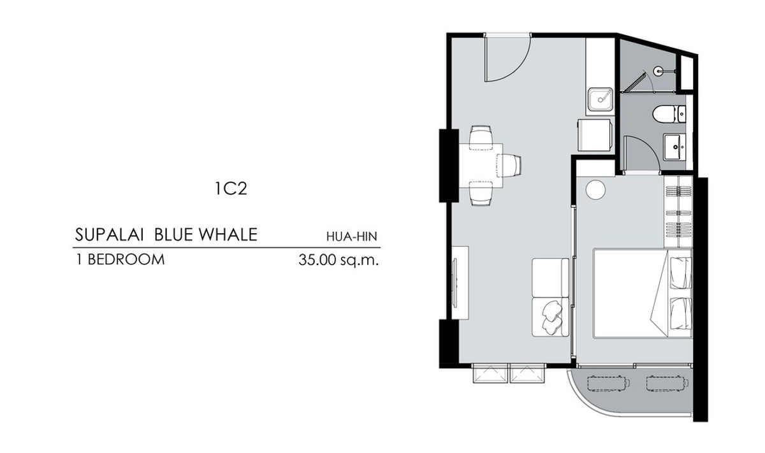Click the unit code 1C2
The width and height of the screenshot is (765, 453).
pyautogui.click(x=231, y=189)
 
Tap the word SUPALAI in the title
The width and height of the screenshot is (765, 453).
pyautogui.click(x=109, y=234)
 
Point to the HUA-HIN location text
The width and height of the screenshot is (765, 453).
pyautogui.click(x=352, y=236)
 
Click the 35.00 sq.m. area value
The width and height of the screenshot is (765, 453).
pyautogui.click(x=339, y=260)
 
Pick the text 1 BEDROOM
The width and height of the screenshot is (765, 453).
pyautogui.click(x=120, y=260)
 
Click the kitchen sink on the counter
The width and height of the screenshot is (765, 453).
pyautogui.click(x=600, y=99)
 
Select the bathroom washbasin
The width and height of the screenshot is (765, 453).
pyautogui.click(x=674, y=147)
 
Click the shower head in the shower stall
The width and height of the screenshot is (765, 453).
pyautogui.click(x=658, y=71)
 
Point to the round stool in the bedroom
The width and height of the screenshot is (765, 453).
pyautogui.click(x=595, y=189)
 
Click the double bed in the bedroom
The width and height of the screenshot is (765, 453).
pyautogui.click(x=643, y=294)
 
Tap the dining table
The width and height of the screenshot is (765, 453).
pyautogui.click(x=481, y=166)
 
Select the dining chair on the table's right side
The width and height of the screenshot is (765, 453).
pyautogui.click(x=509, y=166)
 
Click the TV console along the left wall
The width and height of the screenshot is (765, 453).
pyautogui.click(x=460, y=283)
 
